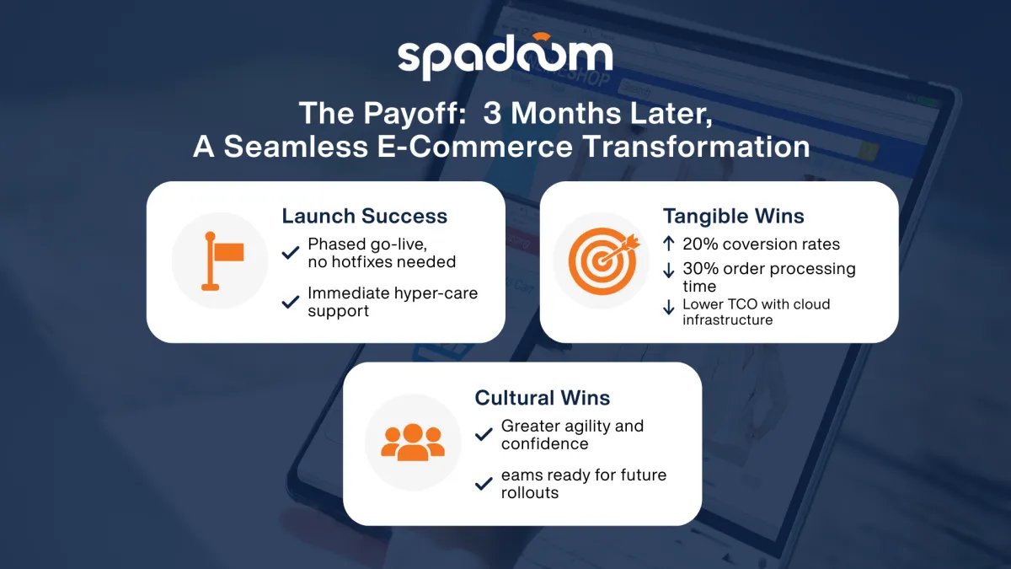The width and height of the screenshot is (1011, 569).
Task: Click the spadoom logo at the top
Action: [x=505, y=56]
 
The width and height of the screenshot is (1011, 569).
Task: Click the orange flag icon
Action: [x=222, y=260]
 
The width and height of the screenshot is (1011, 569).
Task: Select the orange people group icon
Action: [x=413, y=442]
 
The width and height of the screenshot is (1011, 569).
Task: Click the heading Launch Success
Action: [x=364, y=216]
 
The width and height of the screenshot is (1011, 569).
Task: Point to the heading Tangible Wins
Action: [x=733, y=216]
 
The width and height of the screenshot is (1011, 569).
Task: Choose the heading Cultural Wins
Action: [x=543, y=398]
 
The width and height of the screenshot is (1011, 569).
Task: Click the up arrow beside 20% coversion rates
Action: [x=669, y=244]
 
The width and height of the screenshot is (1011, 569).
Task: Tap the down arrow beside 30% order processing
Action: [x=669, y=270]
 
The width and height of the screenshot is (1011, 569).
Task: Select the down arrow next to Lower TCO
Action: [x=669, y=308]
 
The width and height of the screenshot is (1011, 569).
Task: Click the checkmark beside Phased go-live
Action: [x=291, y=253]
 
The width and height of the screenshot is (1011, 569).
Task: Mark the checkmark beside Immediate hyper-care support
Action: [x=291, y=301]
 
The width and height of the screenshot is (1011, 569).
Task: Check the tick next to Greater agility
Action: [x=484, y=435]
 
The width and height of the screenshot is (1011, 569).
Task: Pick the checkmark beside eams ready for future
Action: [x=484, y=484]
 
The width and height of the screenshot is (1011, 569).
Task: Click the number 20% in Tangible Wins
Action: [x=698, y=244]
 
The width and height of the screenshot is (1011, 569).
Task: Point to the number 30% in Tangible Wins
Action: [x=698, y=269]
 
